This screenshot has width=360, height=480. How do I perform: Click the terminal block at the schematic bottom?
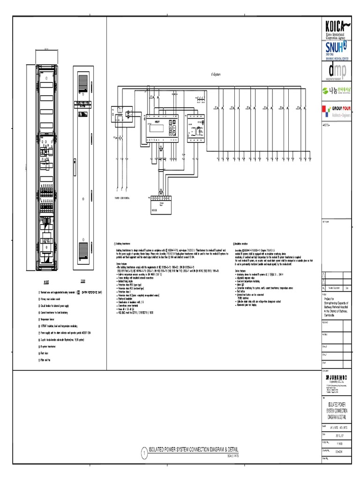point(162,202)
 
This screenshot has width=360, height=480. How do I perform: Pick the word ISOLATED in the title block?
point(334,403)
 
